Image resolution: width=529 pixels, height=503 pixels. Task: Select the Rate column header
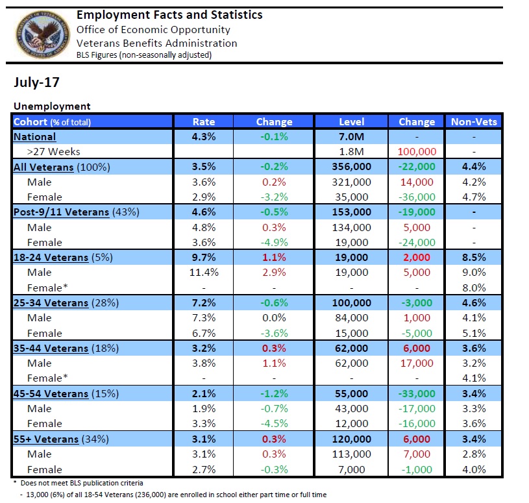pyautogui.click(x=203, y=121)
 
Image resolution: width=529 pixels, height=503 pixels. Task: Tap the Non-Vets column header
pyautogui.click(x=473, y=121)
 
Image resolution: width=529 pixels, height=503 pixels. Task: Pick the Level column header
pyautogui.click(x=351, y=121)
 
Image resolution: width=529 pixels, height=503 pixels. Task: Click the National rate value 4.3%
pyautogui.click(x=203, y=136)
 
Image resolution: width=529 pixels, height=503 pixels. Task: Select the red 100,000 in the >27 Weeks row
pyautogui.click(x=416, y=152)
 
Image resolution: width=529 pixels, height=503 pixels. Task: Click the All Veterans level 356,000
pyautogui.click(x=351, y=167)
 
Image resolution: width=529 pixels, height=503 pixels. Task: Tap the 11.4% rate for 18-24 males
pyautogui.click(x=203, y=273)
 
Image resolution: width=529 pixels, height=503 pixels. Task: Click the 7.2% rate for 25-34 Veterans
pyautogui.click(x=203, y=303)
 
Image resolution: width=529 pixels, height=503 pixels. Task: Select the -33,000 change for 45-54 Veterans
pyautogui.click(x=416, y=394)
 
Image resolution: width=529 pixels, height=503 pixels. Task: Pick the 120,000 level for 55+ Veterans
pyautogui.click(x=351, y=439)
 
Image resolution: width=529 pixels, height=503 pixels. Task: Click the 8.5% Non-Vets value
pyautogui.click(x=473, y=258)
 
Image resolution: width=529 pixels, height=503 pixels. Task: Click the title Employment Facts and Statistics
pyautogui.click(x=169, y=14)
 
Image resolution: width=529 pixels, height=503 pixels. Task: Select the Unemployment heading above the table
pyautogui.click(x=52, y=106)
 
